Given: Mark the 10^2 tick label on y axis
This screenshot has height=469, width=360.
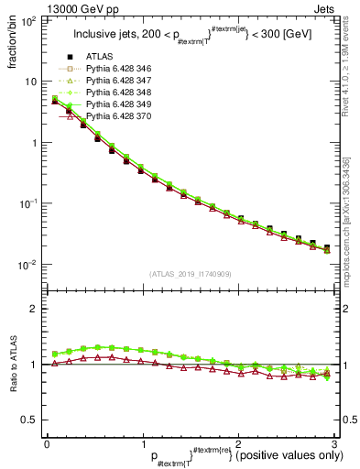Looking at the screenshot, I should tap(28, 20).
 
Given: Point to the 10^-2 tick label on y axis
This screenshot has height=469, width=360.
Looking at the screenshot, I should tap(28, 265).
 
